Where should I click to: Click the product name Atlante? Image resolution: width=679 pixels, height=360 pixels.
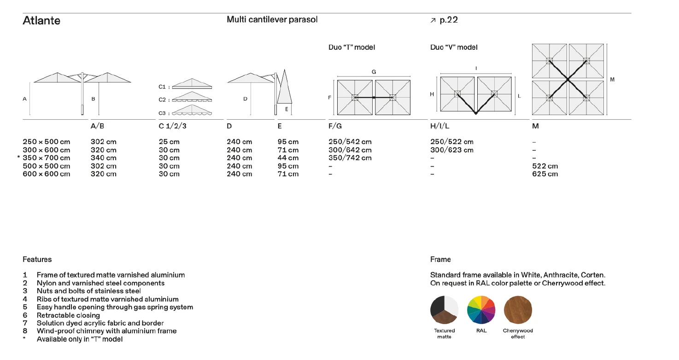pyautogui.click(x=41, y=21)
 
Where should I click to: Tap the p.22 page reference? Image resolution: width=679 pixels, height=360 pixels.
pyautogui.click(x=449, y=20)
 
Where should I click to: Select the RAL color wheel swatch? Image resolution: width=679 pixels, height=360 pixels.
pyautogui.click(x=481, y=310)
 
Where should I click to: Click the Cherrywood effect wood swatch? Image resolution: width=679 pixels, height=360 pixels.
pyautogui.click(x=518, y=310)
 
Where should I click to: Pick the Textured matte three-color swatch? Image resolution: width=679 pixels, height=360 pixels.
pyautogui.click(x=445, y=310)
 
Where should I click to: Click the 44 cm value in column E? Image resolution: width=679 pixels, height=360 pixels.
pyautogui.click(x=288, y=158)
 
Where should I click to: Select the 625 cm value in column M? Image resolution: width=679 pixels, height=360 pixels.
pyautogui.click(x=545, y=174)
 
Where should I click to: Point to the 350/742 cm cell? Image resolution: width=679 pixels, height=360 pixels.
pyautogui.click(x=350, y=158)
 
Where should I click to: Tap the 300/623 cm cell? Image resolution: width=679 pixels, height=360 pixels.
pyautogui.click(x=451, y=150)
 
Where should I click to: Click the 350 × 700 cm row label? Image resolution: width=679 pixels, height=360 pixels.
pyautogui.click(x=47, y=158)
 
